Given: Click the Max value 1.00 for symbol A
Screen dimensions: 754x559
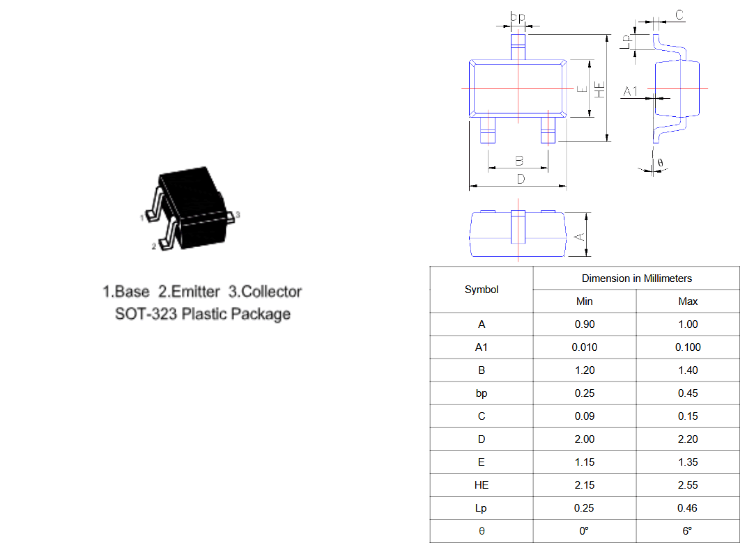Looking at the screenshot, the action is [x=688, y=324].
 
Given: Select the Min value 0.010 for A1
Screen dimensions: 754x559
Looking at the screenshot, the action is [x=584, y=347].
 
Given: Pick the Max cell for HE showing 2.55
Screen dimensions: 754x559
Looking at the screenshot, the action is [x=688, y=485].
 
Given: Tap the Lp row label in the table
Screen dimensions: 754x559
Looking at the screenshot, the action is [x=481, y=508].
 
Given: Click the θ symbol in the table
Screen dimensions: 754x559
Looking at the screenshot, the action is [x=482, y=531].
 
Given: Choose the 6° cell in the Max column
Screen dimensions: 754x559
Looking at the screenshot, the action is [x=687, y=531].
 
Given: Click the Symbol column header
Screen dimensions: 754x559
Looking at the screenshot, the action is [x=482, y=290].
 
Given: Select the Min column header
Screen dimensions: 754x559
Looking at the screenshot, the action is [x=584, y=301].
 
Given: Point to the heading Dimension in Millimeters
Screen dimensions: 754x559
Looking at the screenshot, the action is [x=637, y=278].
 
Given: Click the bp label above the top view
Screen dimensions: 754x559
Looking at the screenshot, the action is [x=517, y=17].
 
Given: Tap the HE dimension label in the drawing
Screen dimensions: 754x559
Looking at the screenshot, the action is [x=599, y=90].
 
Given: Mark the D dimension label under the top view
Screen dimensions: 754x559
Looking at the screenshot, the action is [x=521, y=179].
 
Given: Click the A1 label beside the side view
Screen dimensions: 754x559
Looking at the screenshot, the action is [x=631, y=91].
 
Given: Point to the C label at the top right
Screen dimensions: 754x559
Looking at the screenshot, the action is [x=679, y=15].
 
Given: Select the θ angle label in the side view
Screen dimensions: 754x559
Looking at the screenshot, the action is [x=660, y=163].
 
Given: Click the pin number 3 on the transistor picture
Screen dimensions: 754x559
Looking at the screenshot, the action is [x=238, y=214].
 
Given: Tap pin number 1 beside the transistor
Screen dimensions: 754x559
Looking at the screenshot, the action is [x=142, y=218].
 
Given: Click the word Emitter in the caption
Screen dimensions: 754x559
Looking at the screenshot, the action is [x=195, y=292].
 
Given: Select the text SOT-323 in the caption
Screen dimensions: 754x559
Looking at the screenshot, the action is [x=146, y=314].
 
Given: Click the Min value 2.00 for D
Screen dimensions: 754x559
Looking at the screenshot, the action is [x=584, y=439].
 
